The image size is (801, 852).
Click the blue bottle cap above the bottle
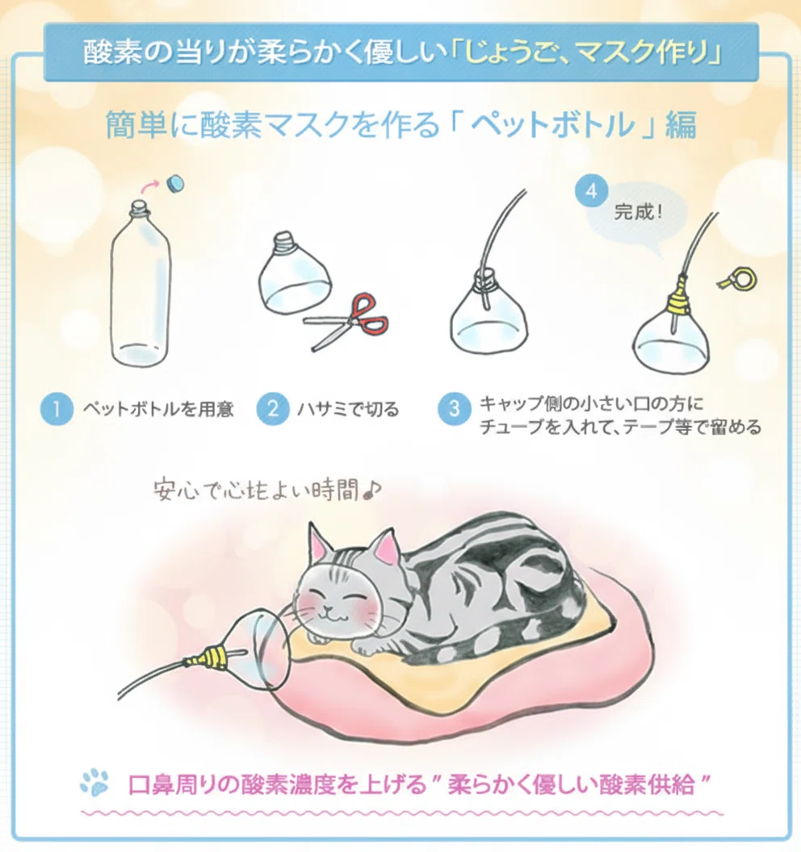pyautogui.click(x=174, y=184)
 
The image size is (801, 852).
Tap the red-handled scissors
pyautogui.click(x=346, y=321)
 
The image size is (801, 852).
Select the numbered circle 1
pyautogui.click(x=57, y=408)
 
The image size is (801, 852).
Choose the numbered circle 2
pyautogui.click(x=272, y=408)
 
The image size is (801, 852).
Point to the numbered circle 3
pyautogui.click(x=454, y=408)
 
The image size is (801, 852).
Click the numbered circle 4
pyautogui.click(x=591, y=191)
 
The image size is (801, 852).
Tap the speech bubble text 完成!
pyautogui.click(x=639, y=211)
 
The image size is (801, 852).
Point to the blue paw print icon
pyautogui.click(x=94, y=781)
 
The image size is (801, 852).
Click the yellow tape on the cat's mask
pyautogui.click(x=206, y=657)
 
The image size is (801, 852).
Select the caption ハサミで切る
pyautogui.click(x=348, y=408)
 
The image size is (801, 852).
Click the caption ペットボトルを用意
pyautogui.click(x=158, y=408)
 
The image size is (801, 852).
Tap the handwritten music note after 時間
pyautogui.click(x=372, y=490)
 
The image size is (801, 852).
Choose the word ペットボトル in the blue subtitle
pyautogui.click(x=552, y=124)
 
